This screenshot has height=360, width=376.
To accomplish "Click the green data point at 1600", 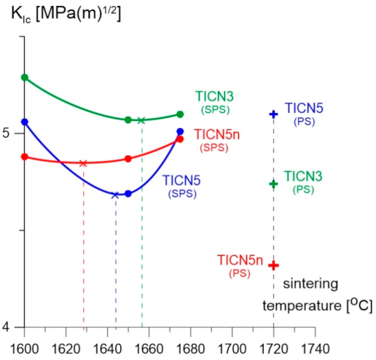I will (25, 77).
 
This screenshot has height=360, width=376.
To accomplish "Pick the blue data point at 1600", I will (25, 122).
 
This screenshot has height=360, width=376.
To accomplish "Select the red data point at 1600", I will (25, 156).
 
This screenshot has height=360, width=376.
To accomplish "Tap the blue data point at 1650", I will (128, 193).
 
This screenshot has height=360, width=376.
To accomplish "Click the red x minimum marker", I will (83, 163).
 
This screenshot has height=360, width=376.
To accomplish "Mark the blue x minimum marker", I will (115, 195).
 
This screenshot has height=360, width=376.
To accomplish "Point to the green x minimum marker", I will (141, 120).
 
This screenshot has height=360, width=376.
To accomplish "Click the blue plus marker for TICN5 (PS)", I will (274, 114).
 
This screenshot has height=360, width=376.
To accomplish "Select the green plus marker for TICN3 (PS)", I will (274, 184).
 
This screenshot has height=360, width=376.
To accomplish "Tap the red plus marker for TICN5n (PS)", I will (274, 265).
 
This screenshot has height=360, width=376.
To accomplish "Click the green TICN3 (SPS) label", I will (214, 101).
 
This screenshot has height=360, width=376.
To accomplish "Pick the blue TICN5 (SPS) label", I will (182, 186).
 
